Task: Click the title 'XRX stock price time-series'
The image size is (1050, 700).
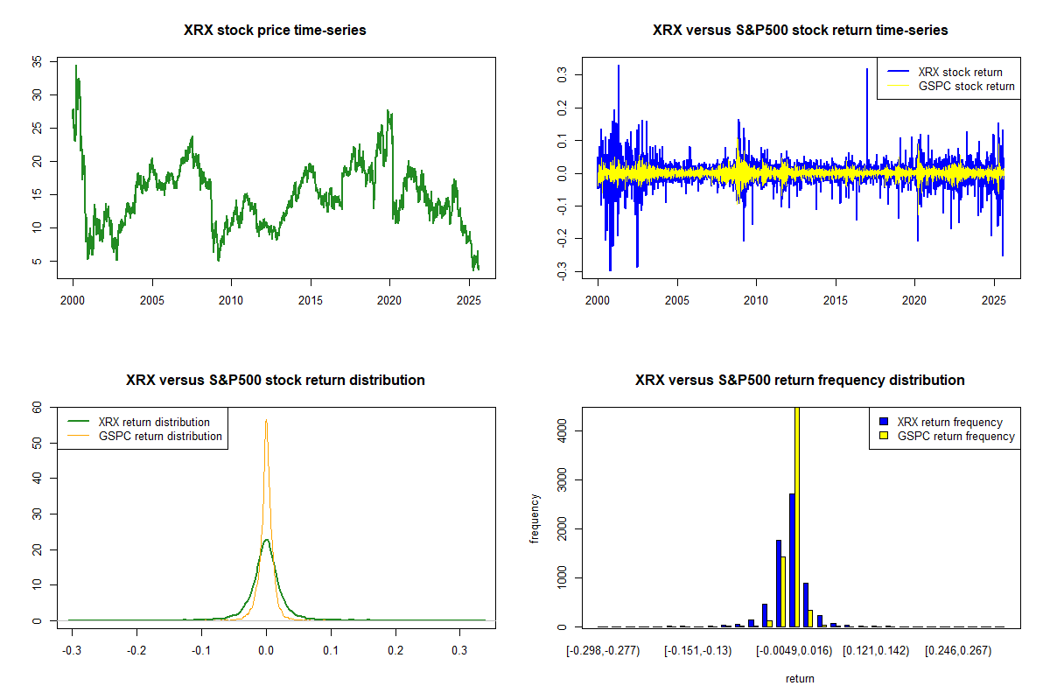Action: (275, 31)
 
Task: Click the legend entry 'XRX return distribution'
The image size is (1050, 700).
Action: (154, 422)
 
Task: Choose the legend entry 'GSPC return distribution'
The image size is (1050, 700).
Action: (160, 436)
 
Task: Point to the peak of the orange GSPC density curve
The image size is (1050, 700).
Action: (266, 421)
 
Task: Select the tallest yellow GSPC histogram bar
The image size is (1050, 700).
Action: (796, 516)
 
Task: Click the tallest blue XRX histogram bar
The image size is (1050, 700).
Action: (791, 560)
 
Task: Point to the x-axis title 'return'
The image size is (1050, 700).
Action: (800, 678)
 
